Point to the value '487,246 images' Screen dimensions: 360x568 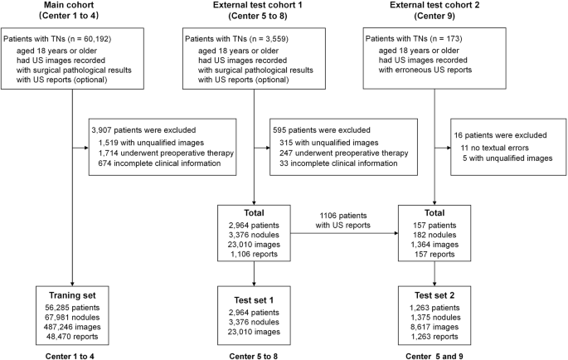pos(71,327)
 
